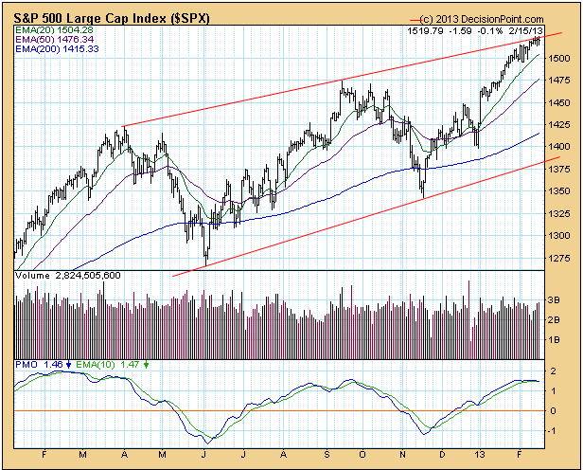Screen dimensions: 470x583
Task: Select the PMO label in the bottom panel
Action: coord(26,364)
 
